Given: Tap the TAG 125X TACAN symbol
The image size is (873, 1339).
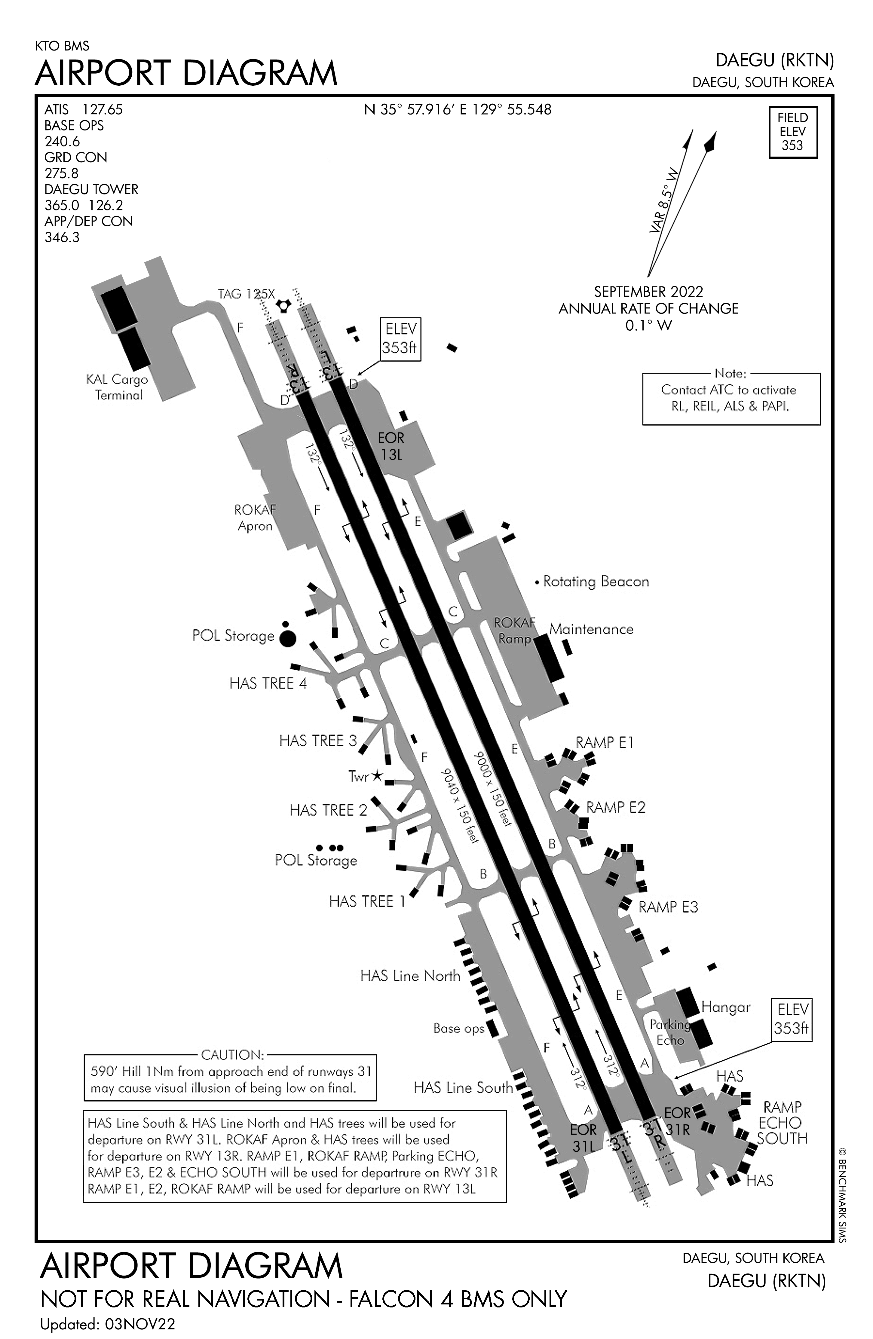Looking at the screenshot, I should click(283, 305).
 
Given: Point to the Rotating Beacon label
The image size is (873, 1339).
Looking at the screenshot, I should click(596, 581).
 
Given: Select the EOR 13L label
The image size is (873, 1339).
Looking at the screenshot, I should click(391, 446).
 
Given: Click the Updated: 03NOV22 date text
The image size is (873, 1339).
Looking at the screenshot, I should click(108, 1324).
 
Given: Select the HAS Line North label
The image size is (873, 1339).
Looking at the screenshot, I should click(410, 976).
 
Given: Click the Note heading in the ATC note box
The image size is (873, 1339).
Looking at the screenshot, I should click(730, 373).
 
